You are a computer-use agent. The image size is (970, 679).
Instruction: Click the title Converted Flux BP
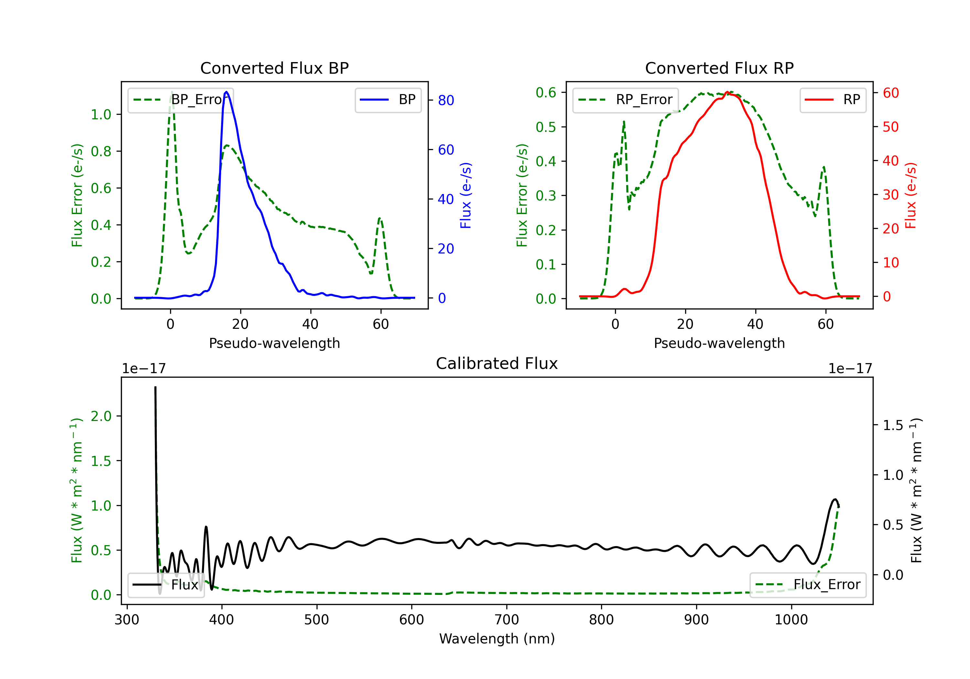click(274, 68)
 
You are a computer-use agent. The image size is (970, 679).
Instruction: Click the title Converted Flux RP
click(719, 68)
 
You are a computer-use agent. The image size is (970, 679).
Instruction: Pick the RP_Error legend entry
click(625, 100)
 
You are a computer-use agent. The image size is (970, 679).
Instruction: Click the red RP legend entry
click(833, 100)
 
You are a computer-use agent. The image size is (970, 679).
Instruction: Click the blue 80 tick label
click(446, 100)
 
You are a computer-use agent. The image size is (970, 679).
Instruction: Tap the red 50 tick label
click(890, 127)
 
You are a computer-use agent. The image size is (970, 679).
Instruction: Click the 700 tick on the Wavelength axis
click(507, 620)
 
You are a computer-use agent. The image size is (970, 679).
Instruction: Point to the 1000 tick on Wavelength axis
click(791, 620)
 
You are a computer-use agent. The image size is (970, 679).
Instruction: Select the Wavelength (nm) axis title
click(497, 639)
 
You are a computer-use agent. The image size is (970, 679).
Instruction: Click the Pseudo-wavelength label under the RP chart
click(719, 343)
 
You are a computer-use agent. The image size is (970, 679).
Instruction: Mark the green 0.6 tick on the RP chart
click(546, 92)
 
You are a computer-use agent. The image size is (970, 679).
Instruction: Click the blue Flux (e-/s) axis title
click(465, 196)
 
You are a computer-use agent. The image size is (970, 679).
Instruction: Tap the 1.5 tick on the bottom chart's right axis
click(893, 425)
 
